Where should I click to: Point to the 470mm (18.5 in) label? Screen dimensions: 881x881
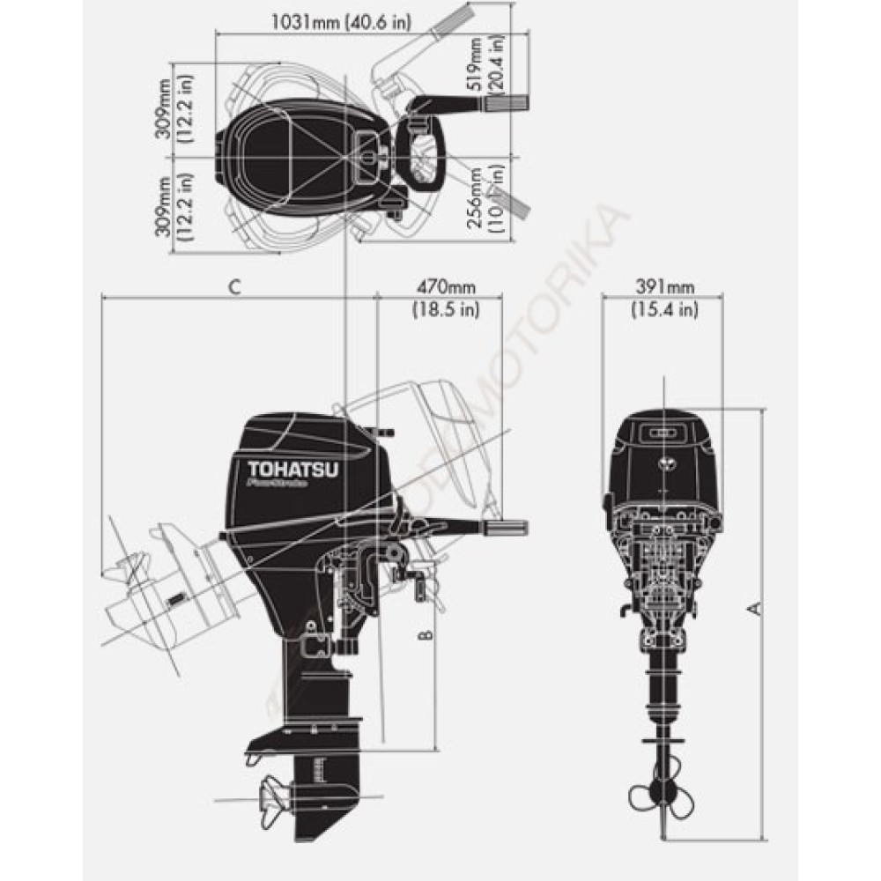[446, 297]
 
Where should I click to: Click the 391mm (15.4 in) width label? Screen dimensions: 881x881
[663, 297]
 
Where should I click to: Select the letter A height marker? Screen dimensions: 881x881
[754, 608]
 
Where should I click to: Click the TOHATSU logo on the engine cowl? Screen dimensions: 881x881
[285, 470]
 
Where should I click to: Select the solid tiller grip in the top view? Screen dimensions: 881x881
[506, 105]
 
